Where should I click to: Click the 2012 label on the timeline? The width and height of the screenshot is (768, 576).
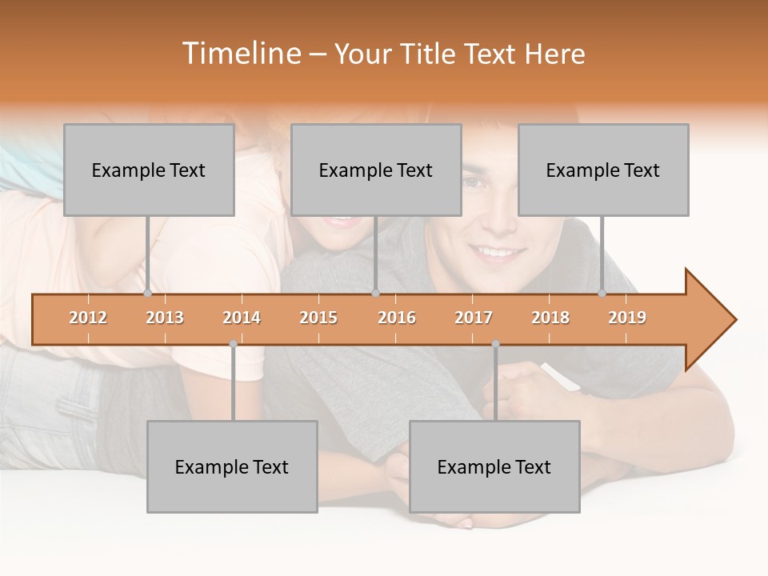(x=88, y=318)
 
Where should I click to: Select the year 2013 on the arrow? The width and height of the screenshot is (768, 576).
(x=165, y=318)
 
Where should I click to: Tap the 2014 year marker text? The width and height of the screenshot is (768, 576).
(x=242, y=318)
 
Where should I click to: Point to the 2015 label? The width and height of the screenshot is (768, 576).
(x=318, y=318)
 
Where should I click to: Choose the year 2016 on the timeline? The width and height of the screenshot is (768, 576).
(x=397, y=318)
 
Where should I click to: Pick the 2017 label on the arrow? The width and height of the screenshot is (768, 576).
(x=474, y=318)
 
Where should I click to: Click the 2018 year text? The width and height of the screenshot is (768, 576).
(x=550, y=318)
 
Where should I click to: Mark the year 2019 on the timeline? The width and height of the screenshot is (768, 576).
(x=627, y=318)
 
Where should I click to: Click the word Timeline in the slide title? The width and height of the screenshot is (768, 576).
(x=239, y=54)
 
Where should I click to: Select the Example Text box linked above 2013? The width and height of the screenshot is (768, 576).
(x=149, y=170)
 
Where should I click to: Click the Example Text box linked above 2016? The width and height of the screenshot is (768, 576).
(x=376, y=170)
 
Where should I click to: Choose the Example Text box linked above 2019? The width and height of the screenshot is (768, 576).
(x=603, y=170)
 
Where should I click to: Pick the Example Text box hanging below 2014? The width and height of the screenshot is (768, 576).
(x=232, y=466)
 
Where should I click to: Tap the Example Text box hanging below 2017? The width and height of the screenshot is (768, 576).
(x=494, y=466)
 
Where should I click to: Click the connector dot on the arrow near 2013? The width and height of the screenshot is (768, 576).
(x=147, y=294)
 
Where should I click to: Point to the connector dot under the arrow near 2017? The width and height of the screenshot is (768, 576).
(x=495, y=344)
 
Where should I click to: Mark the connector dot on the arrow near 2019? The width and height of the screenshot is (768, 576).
(x=602, y=294)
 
